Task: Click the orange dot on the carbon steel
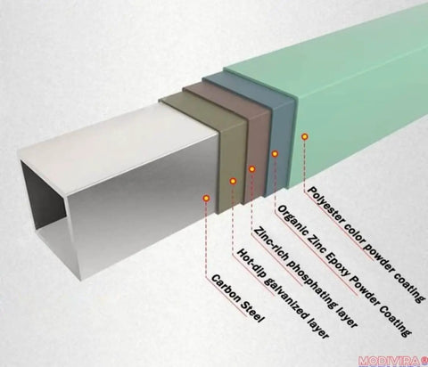(206, 198)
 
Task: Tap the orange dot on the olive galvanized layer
(234, 181)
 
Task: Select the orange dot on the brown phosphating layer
(252, 169)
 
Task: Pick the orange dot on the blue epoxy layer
(275, 154)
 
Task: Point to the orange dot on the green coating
(304, 136)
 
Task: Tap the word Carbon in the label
(225, 287)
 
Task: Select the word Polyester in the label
(325, 208)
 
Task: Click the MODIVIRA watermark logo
(393, 362)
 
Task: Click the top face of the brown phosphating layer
(226, 101)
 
